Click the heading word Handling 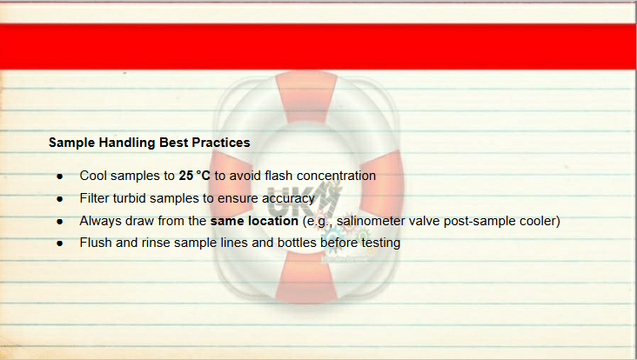[x=127, y=143]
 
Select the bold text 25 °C [x=195, y=176]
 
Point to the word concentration [x=337, y=176]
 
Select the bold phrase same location [x=254, y=221]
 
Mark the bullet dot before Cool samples [x=60, y=177]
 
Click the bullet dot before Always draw [x=60, y=222]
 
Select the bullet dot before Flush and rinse [x=60, y=243]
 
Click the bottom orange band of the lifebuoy [x=306, y=277]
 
